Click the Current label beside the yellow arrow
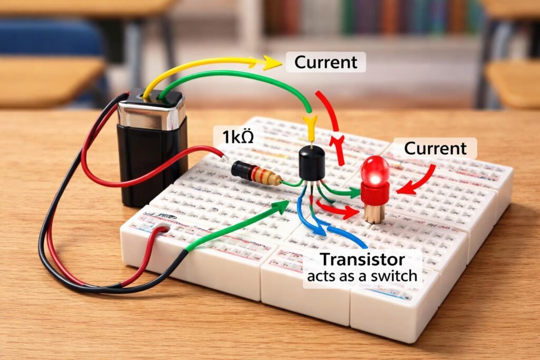pyautogui.click(x=325, y=62)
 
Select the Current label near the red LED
pyautogui.click(x=435, y=149)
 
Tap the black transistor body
pyautogui.click(x=311, y=163)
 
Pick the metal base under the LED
pyautogui.click(x=374, y=212)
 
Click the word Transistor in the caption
pyautogui.click(x=362, y=259)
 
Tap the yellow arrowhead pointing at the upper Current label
pyautogui.click(x=272, y=63)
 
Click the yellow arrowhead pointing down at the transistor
pyautogui.click(x=310, y=125)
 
